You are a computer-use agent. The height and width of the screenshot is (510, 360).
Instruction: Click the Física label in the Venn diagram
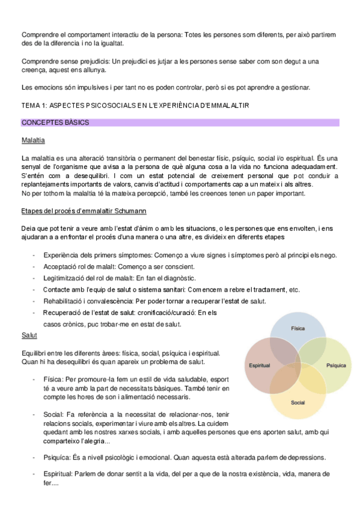(297, 329)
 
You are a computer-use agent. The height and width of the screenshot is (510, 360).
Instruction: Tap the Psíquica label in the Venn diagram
(336, 365)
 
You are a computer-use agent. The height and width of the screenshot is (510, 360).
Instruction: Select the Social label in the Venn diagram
(297, 402)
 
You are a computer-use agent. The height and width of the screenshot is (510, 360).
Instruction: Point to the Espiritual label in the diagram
(259, 365)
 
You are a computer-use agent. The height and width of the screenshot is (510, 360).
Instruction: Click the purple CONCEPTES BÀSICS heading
(55, 123)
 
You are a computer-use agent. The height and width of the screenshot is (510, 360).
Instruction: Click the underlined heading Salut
(29, 336)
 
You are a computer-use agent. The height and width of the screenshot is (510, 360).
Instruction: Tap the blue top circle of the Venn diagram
(297, 322)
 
